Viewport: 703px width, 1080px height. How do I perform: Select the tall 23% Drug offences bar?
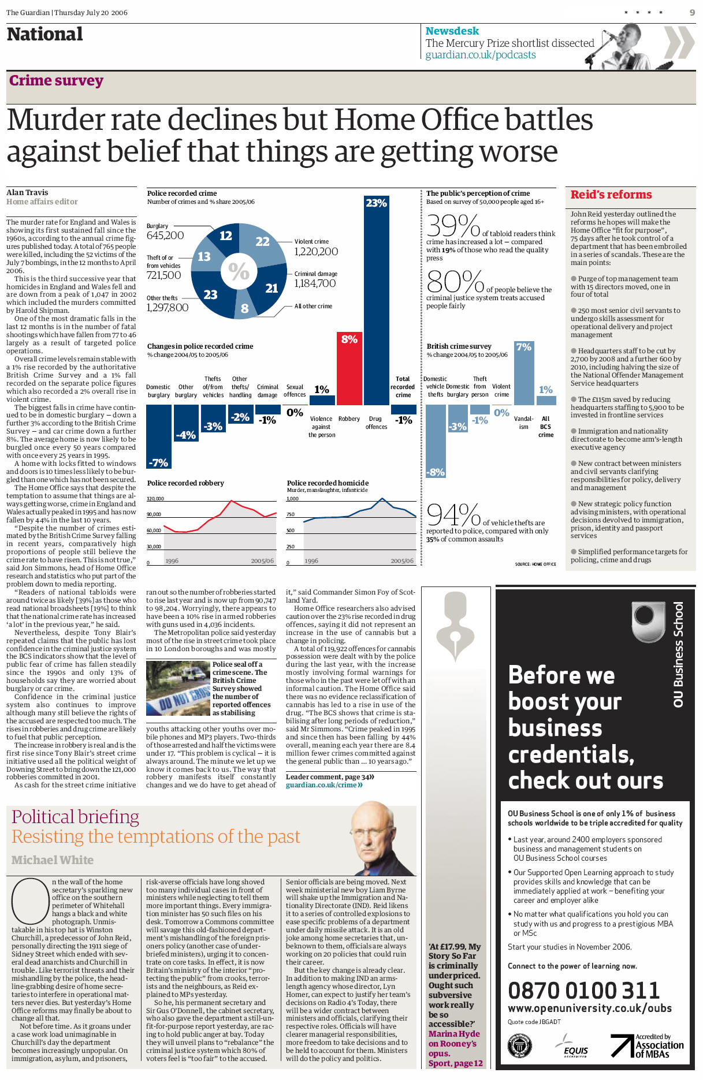pos(376,300)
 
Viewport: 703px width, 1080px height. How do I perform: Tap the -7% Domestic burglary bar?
pos(158,436)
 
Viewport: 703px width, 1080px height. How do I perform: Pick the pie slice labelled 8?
pos(244,308)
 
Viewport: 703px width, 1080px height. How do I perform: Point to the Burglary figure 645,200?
pos(165,235)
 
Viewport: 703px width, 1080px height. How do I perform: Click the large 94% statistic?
pos(453,515)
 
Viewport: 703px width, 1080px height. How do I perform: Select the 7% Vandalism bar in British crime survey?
pos(523,373)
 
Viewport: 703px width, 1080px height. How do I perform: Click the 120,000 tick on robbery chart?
pos(155,499)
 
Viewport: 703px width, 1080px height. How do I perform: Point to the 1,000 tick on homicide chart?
pos(293,499)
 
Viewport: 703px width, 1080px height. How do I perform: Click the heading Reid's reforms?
pos(611,195)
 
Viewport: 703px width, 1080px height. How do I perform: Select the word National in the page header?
pos(45,35)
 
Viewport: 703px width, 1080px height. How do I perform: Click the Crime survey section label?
pos(56,81)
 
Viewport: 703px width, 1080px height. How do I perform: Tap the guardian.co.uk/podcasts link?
pos(481,55)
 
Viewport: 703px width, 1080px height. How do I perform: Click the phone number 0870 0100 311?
pos(583,991)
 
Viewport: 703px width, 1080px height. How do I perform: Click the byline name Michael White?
pos(53,860)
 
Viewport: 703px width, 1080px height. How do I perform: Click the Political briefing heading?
pos(75,817)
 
